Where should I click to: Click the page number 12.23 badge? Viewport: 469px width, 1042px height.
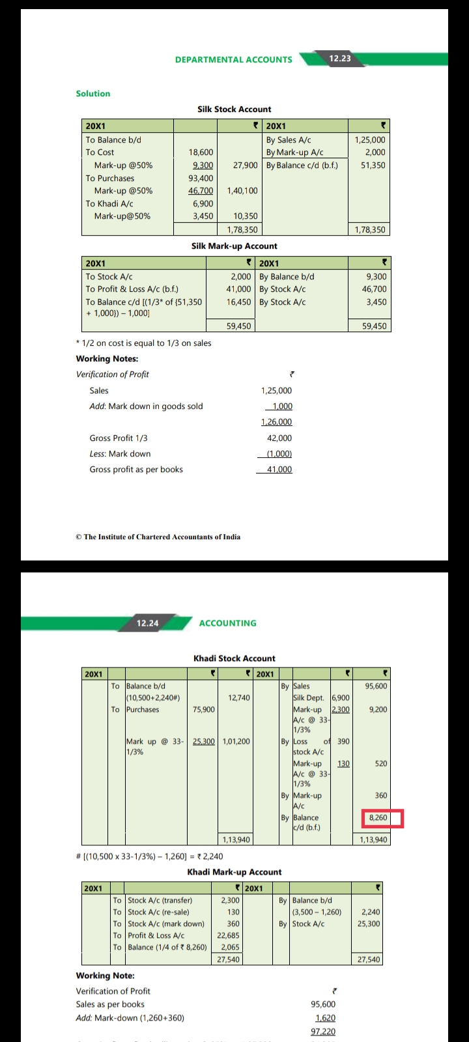coord(339,59)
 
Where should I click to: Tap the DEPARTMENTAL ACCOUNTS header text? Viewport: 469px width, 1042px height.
coord(233,59)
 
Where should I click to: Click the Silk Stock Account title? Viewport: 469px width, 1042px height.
coord(234,109)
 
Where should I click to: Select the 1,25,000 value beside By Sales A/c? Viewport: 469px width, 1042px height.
coord(369,139)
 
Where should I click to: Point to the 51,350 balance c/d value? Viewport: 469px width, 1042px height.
coord(373,165)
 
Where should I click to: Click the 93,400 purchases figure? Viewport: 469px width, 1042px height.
coord(201,178)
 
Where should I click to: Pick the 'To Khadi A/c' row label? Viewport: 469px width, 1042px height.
coord(109,203)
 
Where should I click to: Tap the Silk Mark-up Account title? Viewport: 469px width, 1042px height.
coord(234,246)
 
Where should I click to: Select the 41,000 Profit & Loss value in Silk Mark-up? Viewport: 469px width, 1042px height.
coord(238,289)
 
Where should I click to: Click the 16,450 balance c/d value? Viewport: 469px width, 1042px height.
coord(238,302)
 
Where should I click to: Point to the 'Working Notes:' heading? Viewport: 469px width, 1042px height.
coord(107,359)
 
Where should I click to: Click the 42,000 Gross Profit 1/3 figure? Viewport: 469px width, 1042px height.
coord(279,438)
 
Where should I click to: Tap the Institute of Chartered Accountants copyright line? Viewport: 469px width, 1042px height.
coord(158,537)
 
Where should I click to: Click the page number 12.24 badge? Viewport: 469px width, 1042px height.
coord(147,623)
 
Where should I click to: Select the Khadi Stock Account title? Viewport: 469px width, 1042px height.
coord(234,658)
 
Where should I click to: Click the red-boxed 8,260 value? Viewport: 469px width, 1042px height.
coord(378,818)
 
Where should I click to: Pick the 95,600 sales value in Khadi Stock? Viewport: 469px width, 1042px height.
coord(376,686)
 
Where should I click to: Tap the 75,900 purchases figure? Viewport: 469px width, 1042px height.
coord(203,709)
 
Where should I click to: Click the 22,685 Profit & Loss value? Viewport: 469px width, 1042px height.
coord(228,935)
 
